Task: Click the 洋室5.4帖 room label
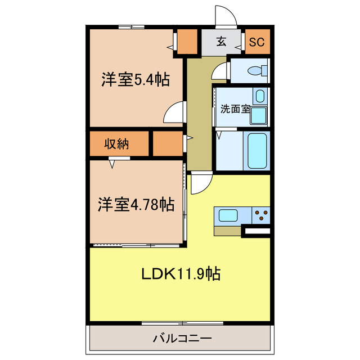[136, 80]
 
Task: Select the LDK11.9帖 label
[180, 274]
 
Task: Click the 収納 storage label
[116, 143]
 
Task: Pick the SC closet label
[256, 41]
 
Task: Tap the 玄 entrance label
[222, 41]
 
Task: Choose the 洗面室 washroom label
[235, 109]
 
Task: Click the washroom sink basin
[259, 96]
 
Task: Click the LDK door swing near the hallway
[200, 182]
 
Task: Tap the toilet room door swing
[220, 71]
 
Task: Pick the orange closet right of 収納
[168, 143]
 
